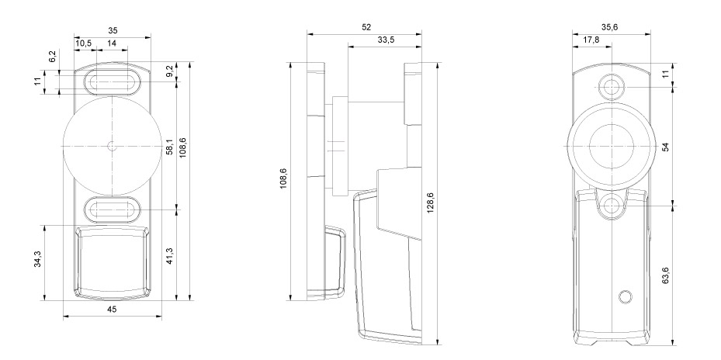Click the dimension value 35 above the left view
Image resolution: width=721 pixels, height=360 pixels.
click(113, 31)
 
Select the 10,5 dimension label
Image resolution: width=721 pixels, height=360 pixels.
click(83, 43)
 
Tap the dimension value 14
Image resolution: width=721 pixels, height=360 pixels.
click(111, 43)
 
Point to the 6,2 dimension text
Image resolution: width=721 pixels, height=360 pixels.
click(53, 57)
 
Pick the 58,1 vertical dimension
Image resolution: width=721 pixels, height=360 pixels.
click(169, 147)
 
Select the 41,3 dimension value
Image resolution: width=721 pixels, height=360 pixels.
click(169, 255)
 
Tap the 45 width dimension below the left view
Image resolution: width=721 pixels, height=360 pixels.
click(112, 309)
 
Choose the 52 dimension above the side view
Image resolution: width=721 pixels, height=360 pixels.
click(366, 28)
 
